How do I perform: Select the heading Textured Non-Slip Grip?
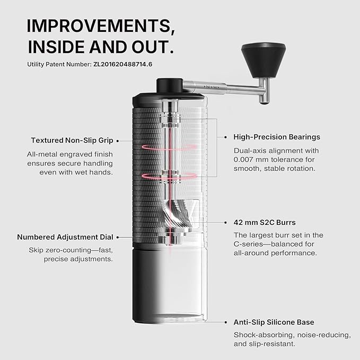pos(72,141)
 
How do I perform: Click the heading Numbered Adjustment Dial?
pos(65,238)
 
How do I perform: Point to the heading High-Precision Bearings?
pos(277,137)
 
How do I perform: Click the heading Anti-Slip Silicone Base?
pos(274,322)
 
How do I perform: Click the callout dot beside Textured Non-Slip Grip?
pos(118,141)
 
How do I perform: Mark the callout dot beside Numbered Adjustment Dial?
pos(118,238)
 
